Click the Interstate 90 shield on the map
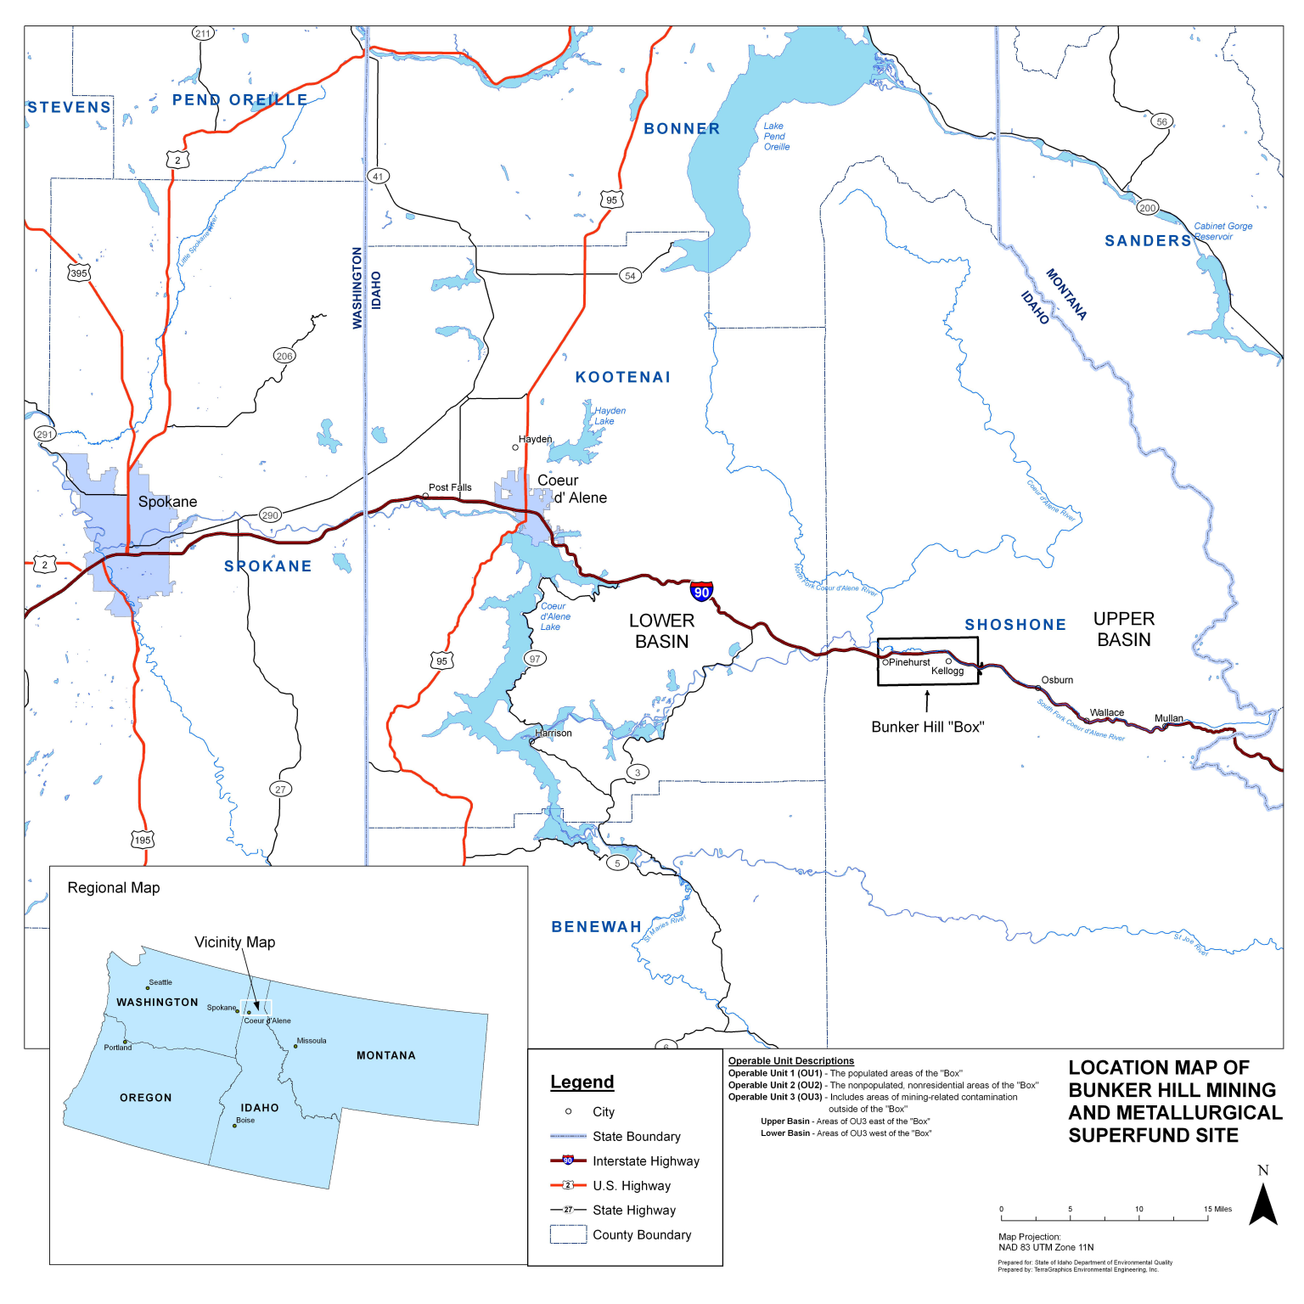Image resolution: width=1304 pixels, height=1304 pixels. pos(701,592)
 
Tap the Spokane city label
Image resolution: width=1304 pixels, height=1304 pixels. pos(167,502)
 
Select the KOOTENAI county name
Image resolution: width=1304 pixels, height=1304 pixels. pos(622,377)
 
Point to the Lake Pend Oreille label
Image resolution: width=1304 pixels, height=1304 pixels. pos(775,136)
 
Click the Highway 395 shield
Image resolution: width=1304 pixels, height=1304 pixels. pos(79,273)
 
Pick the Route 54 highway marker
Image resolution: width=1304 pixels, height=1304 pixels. pos(630,275)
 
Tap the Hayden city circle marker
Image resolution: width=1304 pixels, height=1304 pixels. pos(514,447)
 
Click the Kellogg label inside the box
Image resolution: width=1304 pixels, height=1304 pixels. pos(947,671)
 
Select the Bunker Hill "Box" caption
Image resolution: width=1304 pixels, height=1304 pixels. pos(927,727)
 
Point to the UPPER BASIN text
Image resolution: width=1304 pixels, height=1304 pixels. pos(1123,629)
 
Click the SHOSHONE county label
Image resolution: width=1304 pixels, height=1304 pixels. pos(1015,625)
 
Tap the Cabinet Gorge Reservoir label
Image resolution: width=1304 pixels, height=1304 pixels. pos(1222,231)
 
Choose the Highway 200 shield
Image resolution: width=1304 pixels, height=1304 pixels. pos(1147,208)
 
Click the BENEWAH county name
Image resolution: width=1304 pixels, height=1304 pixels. pos(596,927)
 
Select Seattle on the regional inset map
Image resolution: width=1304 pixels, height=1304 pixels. pos(148,988)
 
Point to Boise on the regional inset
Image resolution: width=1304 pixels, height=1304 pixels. pos(235,1125)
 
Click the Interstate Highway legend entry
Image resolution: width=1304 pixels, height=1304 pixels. pos(645,1161)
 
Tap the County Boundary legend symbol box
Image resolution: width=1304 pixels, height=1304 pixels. pos(568,1234)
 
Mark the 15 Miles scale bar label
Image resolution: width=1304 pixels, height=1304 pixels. pos(1217,1209)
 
